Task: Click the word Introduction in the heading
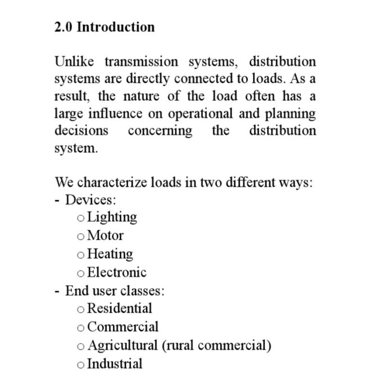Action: coord(115,27)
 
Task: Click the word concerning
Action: coord(160,130)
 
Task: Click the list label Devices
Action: coord(91,200)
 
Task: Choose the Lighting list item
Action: coord(112,217)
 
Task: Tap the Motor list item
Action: coord(105,235)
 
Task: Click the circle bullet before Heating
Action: coord(81,255)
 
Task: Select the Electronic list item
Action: coord(117,272)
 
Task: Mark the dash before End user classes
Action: coord(57,291)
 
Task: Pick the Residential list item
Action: coord(120,308)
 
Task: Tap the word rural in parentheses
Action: coord(179,345)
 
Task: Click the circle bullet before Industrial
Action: coord(81,364)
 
